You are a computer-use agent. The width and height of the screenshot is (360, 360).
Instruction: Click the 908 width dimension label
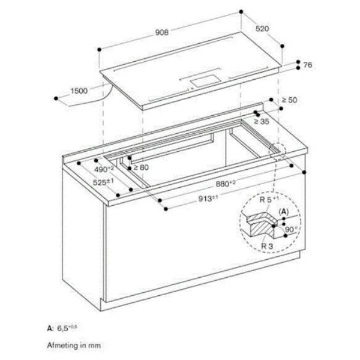162,32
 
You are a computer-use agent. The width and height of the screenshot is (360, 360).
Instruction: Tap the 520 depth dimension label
262,28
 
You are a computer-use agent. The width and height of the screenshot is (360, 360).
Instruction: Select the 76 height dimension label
308,65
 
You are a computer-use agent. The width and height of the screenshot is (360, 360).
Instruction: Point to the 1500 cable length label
79,91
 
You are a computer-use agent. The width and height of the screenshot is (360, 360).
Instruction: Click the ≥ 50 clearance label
289,100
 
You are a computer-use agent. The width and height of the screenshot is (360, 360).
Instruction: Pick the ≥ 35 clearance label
262,121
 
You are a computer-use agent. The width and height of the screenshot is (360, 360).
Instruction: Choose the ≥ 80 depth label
141,167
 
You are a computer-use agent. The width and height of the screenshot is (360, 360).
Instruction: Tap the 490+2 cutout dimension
104,169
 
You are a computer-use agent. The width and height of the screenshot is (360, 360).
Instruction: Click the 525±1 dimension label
103,182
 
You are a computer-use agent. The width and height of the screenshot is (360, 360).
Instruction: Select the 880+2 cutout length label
226,184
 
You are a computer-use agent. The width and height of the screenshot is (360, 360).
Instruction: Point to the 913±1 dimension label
208,199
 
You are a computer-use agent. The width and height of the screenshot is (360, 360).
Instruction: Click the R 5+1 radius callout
269,199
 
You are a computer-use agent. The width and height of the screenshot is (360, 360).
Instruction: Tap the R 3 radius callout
267,247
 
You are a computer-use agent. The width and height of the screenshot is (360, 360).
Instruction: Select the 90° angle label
291,229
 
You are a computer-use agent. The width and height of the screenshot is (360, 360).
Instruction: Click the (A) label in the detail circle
284,211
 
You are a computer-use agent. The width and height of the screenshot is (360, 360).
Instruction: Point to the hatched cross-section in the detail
262,226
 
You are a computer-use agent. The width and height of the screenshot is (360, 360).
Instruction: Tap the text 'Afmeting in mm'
74,346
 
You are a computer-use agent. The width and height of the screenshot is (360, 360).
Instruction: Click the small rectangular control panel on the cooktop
206,81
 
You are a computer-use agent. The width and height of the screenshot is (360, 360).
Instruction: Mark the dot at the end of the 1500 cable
56,98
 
